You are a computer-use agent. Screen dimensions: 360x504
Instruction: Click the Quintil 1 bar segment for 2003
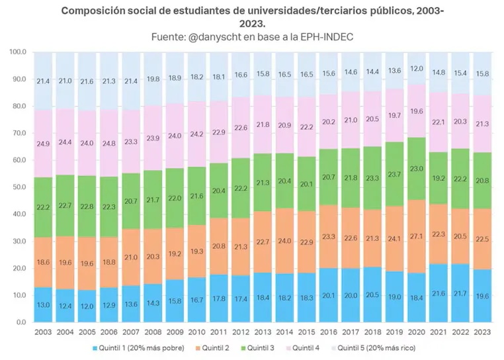click(x=43, y=304)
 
